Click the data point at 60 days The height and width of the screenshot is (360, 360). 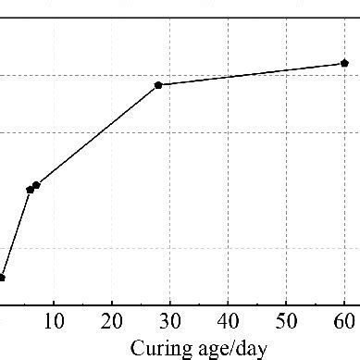click(344, 63)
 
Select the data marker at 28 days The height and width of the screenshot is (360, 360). click(158, 84)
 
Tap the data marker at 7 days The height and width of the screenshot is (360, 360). click(36, 185)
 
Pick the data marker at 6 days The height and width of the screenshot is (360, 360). click(30, 189)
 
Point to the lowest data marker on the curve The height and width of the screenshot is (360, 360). click(2, 277)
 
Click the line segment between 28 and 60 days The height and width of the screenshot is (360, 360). click(250, 74)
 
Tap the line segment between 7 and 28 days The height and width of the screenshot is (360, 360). click(97, 134)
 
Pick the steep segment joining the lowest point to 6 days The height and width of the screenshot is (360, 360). click(16, 233)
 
